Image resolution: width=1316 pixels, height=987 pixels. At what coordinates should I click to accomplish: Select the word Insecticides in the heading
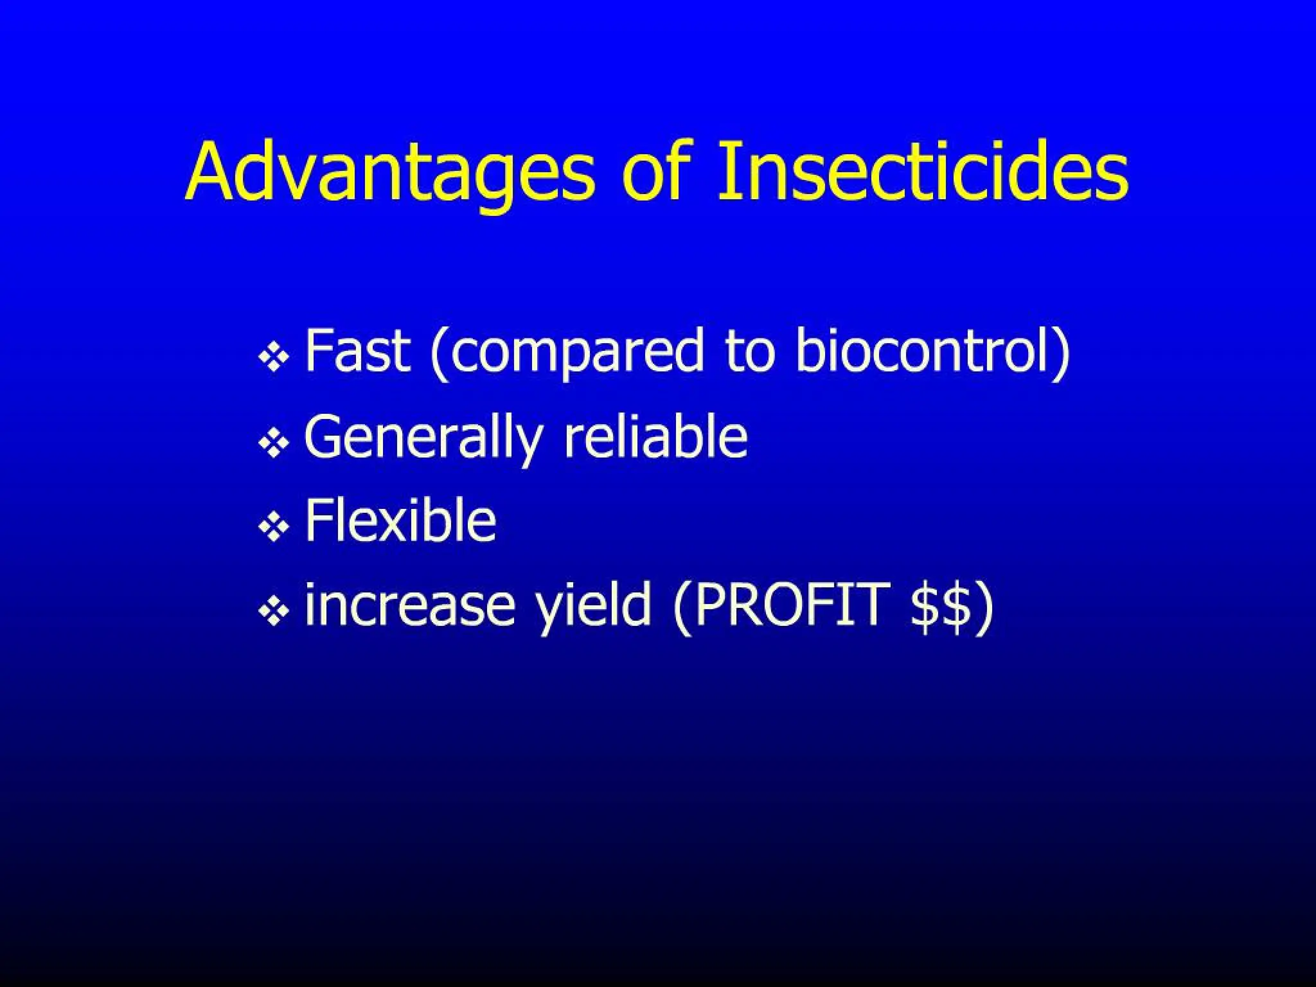coord(923,170)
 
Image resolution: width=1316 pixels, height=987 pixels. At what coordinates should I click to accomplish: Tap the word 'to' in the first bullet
coord(750,351)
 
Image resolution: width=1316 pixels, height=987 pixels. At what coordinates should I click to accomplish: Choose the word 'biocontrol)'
coord(932,351)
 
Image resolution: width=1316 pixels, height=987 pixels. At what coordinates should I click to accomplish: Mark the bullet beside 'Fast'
coord(274,357)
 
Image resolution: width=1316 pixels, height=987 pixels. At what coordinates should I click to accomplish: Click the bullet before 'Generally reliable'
coord(274,443)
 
